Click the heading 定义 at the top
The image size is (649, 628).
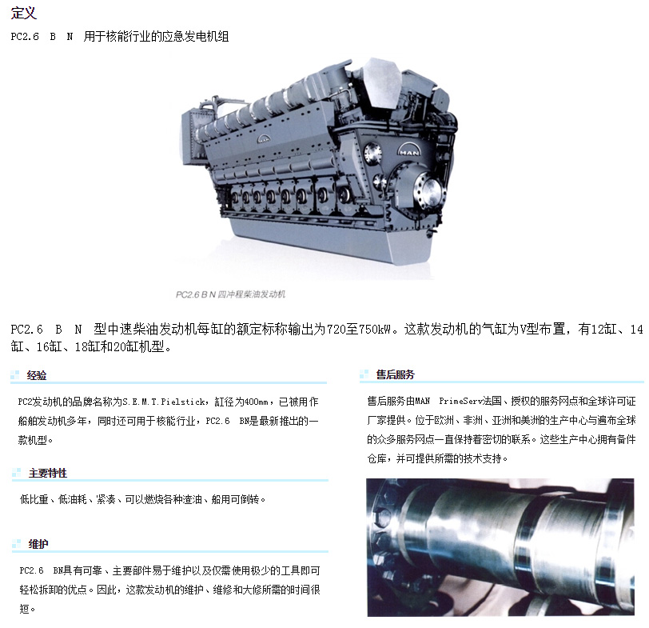click(x=24, y=13)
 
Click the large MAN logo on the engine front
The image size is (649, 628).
click(x=408, y=150)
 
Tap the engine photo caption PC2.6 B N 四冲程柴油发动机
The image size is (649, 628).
click(x=230, y=294)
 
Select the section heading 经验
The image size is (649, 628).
click(x=37, y=375)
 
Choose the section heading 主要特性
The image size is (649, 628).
click(x=48, y=473)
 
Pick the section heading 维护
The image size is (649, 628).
click(x=38, y=544)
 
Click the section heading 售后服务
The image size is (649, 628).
click(x=396, y=374)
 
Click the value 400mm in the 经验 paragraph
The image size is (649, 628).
click(x=257, y=402)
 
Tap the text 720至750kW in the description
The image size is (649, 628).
click(x=359, y=329)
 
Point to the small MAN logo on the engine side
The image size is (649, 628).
click(x=263, y=138)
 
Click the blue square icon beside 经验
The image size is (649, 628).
click(x=15, y=375)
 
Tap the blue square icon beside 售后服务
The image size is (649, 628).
click(x=364, y=374)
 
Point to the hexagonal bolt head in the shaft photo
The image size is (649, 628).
click(x=384, y=518)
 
